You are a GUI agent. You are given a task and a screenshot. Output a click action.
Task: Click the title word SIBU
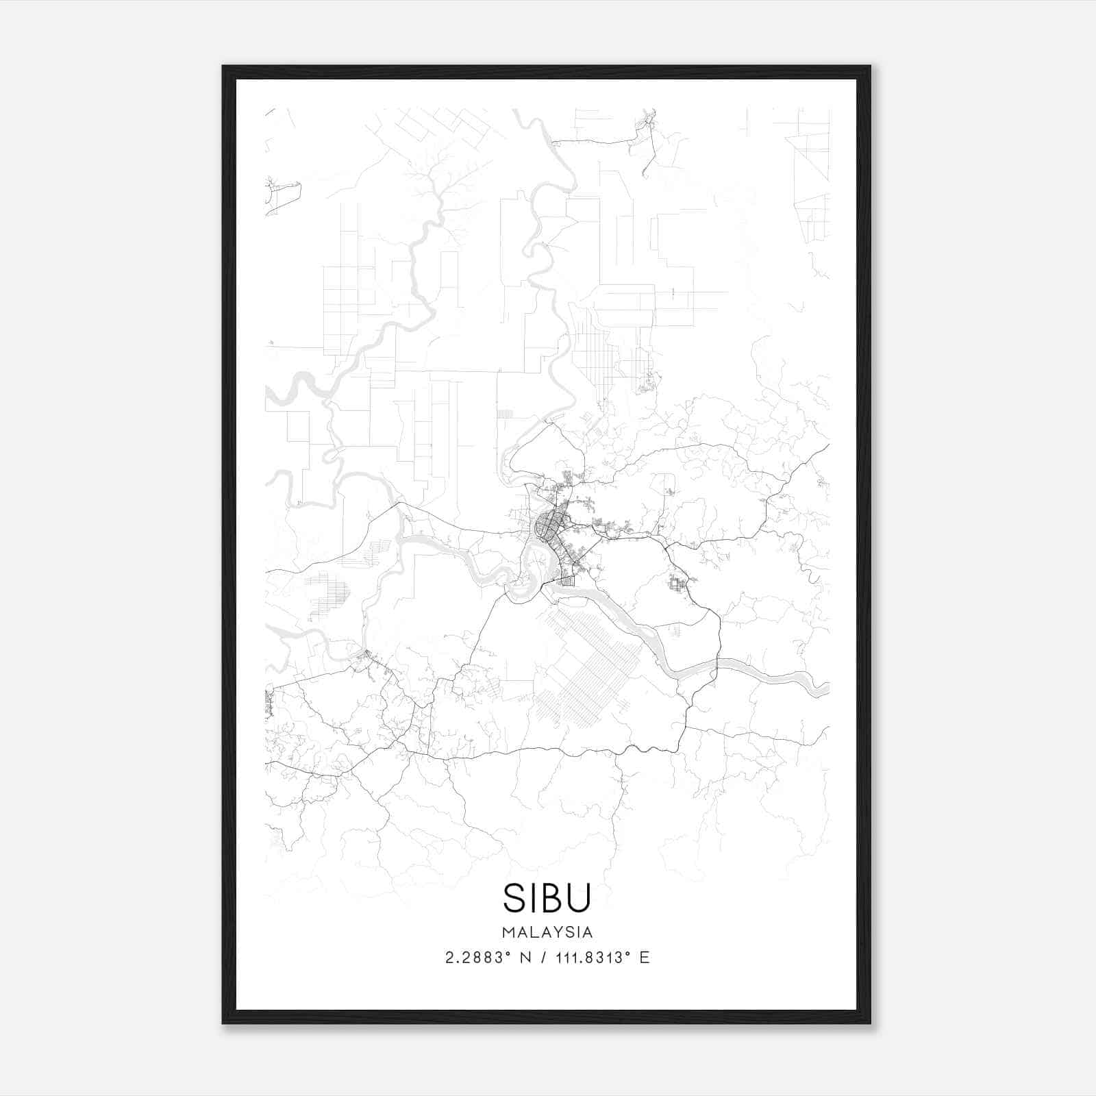547,898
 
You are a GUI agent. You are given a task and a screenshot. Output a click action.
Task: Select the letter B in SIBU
551,898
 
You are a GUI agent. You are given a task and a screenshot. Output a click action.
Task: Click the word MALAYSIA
547,932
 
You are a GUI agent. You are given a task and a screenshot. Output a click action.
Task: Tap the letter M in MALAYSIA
508,932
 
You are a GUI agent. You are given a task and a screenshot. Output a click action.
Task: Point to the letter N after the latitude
527,958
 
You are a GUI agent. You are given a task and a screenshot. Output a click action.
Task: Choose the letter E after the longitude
644,958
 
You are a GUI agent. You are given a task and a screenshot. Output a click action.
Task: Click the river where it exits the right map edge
825,688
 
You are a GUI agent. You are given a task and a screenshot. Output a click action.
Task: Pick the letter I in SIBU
532,898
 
